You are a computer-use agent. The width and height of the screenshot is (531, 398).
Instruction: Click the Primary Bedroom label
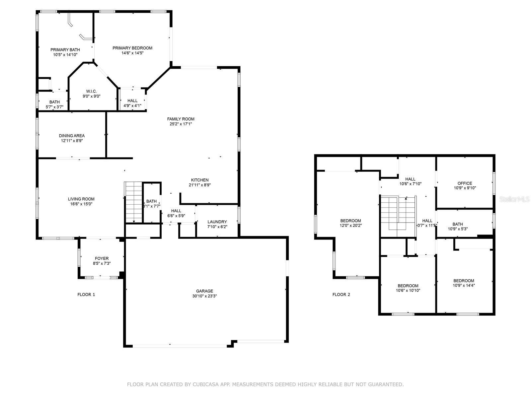click(x=132, y=48)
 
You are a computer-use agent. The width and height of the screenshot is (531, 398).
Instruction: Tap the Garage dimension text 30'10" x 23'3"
click(x=204, y=296)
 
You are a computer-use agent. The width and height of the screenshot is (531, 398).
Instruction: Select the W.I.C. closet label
click(x=92, y=91)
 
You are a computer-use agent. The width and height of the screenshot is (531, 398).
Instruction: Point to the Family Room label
click(x=181, y=119)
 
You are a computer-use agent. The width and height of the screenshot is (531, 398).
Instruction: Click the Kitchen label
click(x=200, y=180)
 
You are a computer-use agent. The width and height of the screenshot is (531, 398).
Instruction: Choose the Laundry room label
click(x=217, y=222)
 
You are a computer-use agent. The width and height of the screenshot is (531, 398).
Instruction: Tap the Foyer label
click(x=102, y=259)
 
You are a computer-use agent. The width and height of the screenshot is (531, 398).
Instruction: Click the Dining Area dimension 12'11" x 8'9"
click(x=72, y=141)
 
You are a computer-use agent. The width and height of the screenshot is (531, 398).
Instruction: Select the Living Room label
click(x=81, y=199)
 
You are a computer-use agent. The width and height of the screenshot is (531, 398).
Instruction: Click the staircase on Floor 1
click(x=133, y=202)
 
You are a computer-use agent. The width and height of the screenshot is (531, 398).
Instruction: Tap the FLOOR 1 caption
click(x=86, y=295)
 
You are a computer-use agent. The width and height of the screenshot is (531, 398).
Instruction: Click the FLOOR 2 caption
click(x=341, y=295)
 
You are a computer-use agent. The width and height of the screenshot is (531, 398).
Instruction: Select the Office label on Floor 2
click(x=465, y=183)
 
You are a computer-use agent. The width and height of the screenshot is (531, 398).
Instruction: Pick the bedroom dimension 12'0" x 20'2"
click(x=350, y=226)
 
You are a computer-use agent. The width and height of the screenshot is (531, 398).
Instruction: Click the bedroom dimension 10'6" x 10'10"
click(x=408, y=291)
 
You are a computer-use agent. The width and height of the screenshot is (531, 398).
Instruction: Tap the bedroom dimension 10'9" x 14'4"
click(x=464, y=285)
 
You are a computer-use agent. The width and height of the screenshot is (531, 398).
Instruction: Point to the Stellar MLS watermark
click(x=514, y=199)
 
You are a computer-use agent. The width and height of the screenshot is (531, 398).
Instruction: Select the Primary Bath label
click(x=65, y=50)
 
